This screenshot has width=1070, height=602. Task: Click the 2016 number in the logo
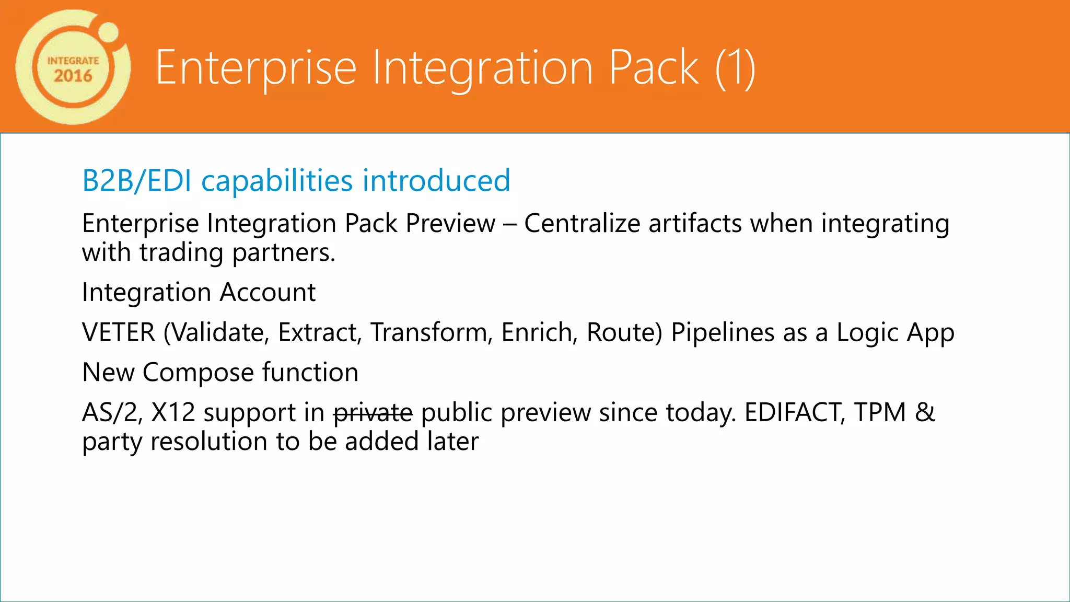[73, 76]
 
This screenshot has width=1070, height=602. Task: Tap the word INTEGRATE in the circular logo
[73, 61]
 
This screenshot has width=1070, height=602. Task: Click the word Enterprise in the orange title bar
[256, 67]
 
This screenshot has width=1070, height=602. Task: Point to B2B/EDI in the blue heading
[137, 181]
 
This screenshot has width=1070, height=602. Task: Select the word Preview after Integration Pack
[450, 224]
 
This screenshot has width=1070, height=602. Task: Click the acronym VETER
[119, 332]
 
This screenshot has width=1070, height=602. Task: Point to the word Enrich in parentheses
[539, 332]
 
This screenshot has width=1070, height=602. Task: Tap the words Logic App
[895, 332]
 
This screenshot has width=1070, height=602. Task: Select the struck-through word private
[373, 413]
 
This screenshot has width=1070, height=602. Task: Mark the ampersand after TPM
[925, 413]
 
